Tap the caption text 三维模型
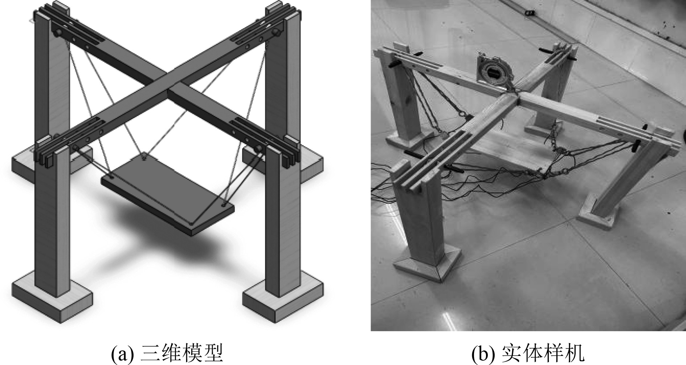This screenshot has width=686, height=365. coord(182,355)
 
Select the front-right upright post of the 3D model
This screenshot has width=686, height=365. coord(279,225)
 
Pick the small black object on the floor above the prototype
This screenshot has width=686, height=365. coord(530,13)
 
